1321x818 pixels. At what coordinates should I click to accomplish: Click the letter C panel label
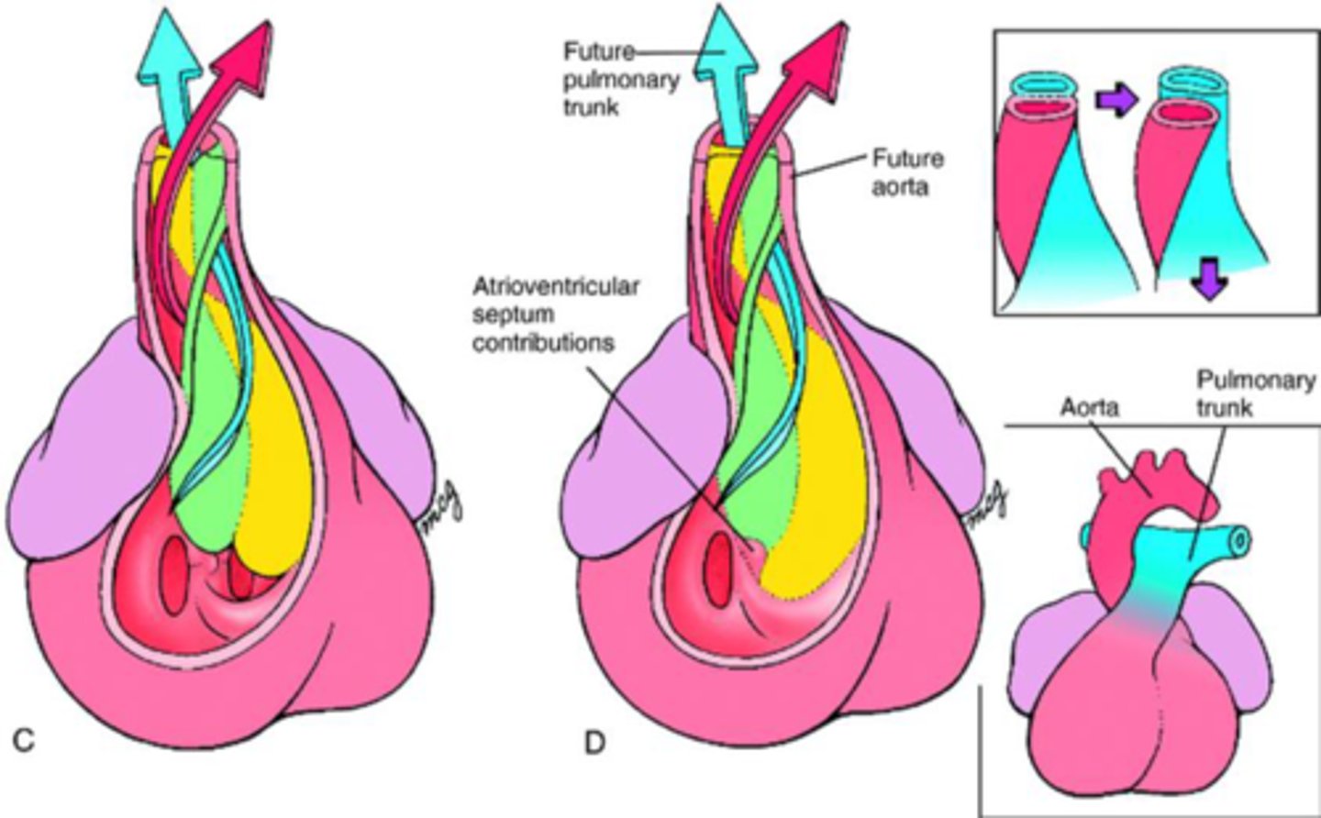click(24, 741)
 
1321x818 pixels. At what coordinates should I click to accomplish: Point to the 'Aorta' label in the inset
click(1089, 406)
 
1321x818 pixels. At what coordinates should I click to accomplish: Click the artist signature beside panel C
click(439, 509)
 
